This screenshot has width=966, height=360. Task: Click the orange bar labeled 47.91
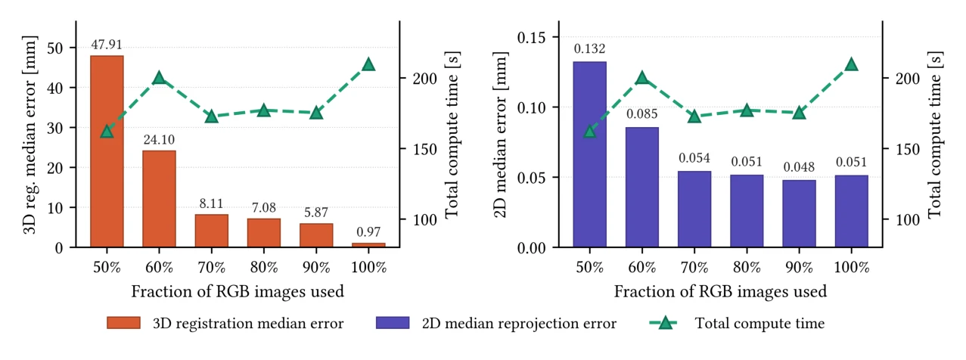point(107,151)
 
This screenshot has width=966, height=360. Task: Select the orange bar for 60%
point(159,199)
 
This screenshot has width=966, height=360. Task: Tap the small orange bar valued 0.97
point(368,245)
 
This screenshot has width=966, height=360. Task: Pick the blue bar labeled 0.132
point(589,154)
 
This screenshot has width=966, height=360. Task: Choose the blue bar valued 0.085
point(642,187)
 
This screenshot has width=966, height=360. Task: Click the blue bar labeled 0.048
point(799,213)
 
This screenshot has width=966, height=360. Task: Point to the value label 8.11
point(211,203)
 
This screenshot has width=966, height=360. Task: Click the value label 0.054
point(694,158)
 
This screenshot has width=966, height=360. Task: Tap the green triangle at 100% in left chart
point(368,65)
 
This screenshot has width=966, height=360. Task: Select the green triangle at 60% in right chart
point(642,78)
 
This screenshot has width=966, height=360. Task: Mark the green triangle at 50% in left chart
point(107,132)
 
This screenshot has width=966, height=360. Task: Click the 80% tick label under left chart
point(264,267)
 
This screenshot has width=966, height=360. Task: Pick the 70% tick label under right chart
point(694,267)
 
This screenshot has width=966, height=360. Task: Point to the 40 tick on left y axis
point(55,88)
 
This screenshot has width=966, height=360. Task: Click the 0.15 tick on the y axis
point(531,38)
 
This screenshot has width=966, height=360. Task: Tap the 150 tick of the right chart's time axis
point(908,149)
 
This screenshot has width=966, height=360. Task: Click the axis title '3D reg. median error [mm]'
point(30,135)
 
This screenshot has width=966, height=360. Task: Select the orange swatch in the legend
point(124,323)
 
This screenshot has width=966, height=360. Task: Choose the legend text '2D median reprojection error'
point(519,324)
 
